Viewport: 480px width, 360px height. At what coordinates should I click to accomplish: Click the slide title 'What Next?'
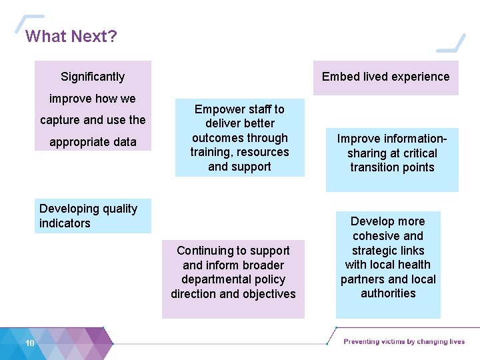click(x=71, y=36)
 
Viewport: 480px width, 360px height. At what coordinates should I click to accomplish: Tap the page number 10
click(x=30, y=343)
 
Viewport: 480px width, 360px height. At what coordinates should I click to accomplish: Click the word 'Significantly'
click(x=93, y=77)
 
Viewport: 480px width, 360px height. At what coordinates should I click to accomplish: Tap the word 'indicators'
click(x=65, y=223)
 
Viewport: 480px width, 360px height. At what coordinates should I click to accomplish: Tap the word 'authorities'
click(x=388, y=293)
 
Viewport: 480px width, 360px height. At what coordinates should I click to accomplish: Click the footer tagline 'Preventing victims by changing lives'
click(x=404, y=342)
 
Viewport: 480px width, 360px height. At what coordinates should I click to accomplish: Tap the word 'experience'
click(x=421, y=77)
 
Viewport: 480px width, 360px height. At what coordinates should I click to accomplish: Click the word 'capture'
click(x=59, y=120)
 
